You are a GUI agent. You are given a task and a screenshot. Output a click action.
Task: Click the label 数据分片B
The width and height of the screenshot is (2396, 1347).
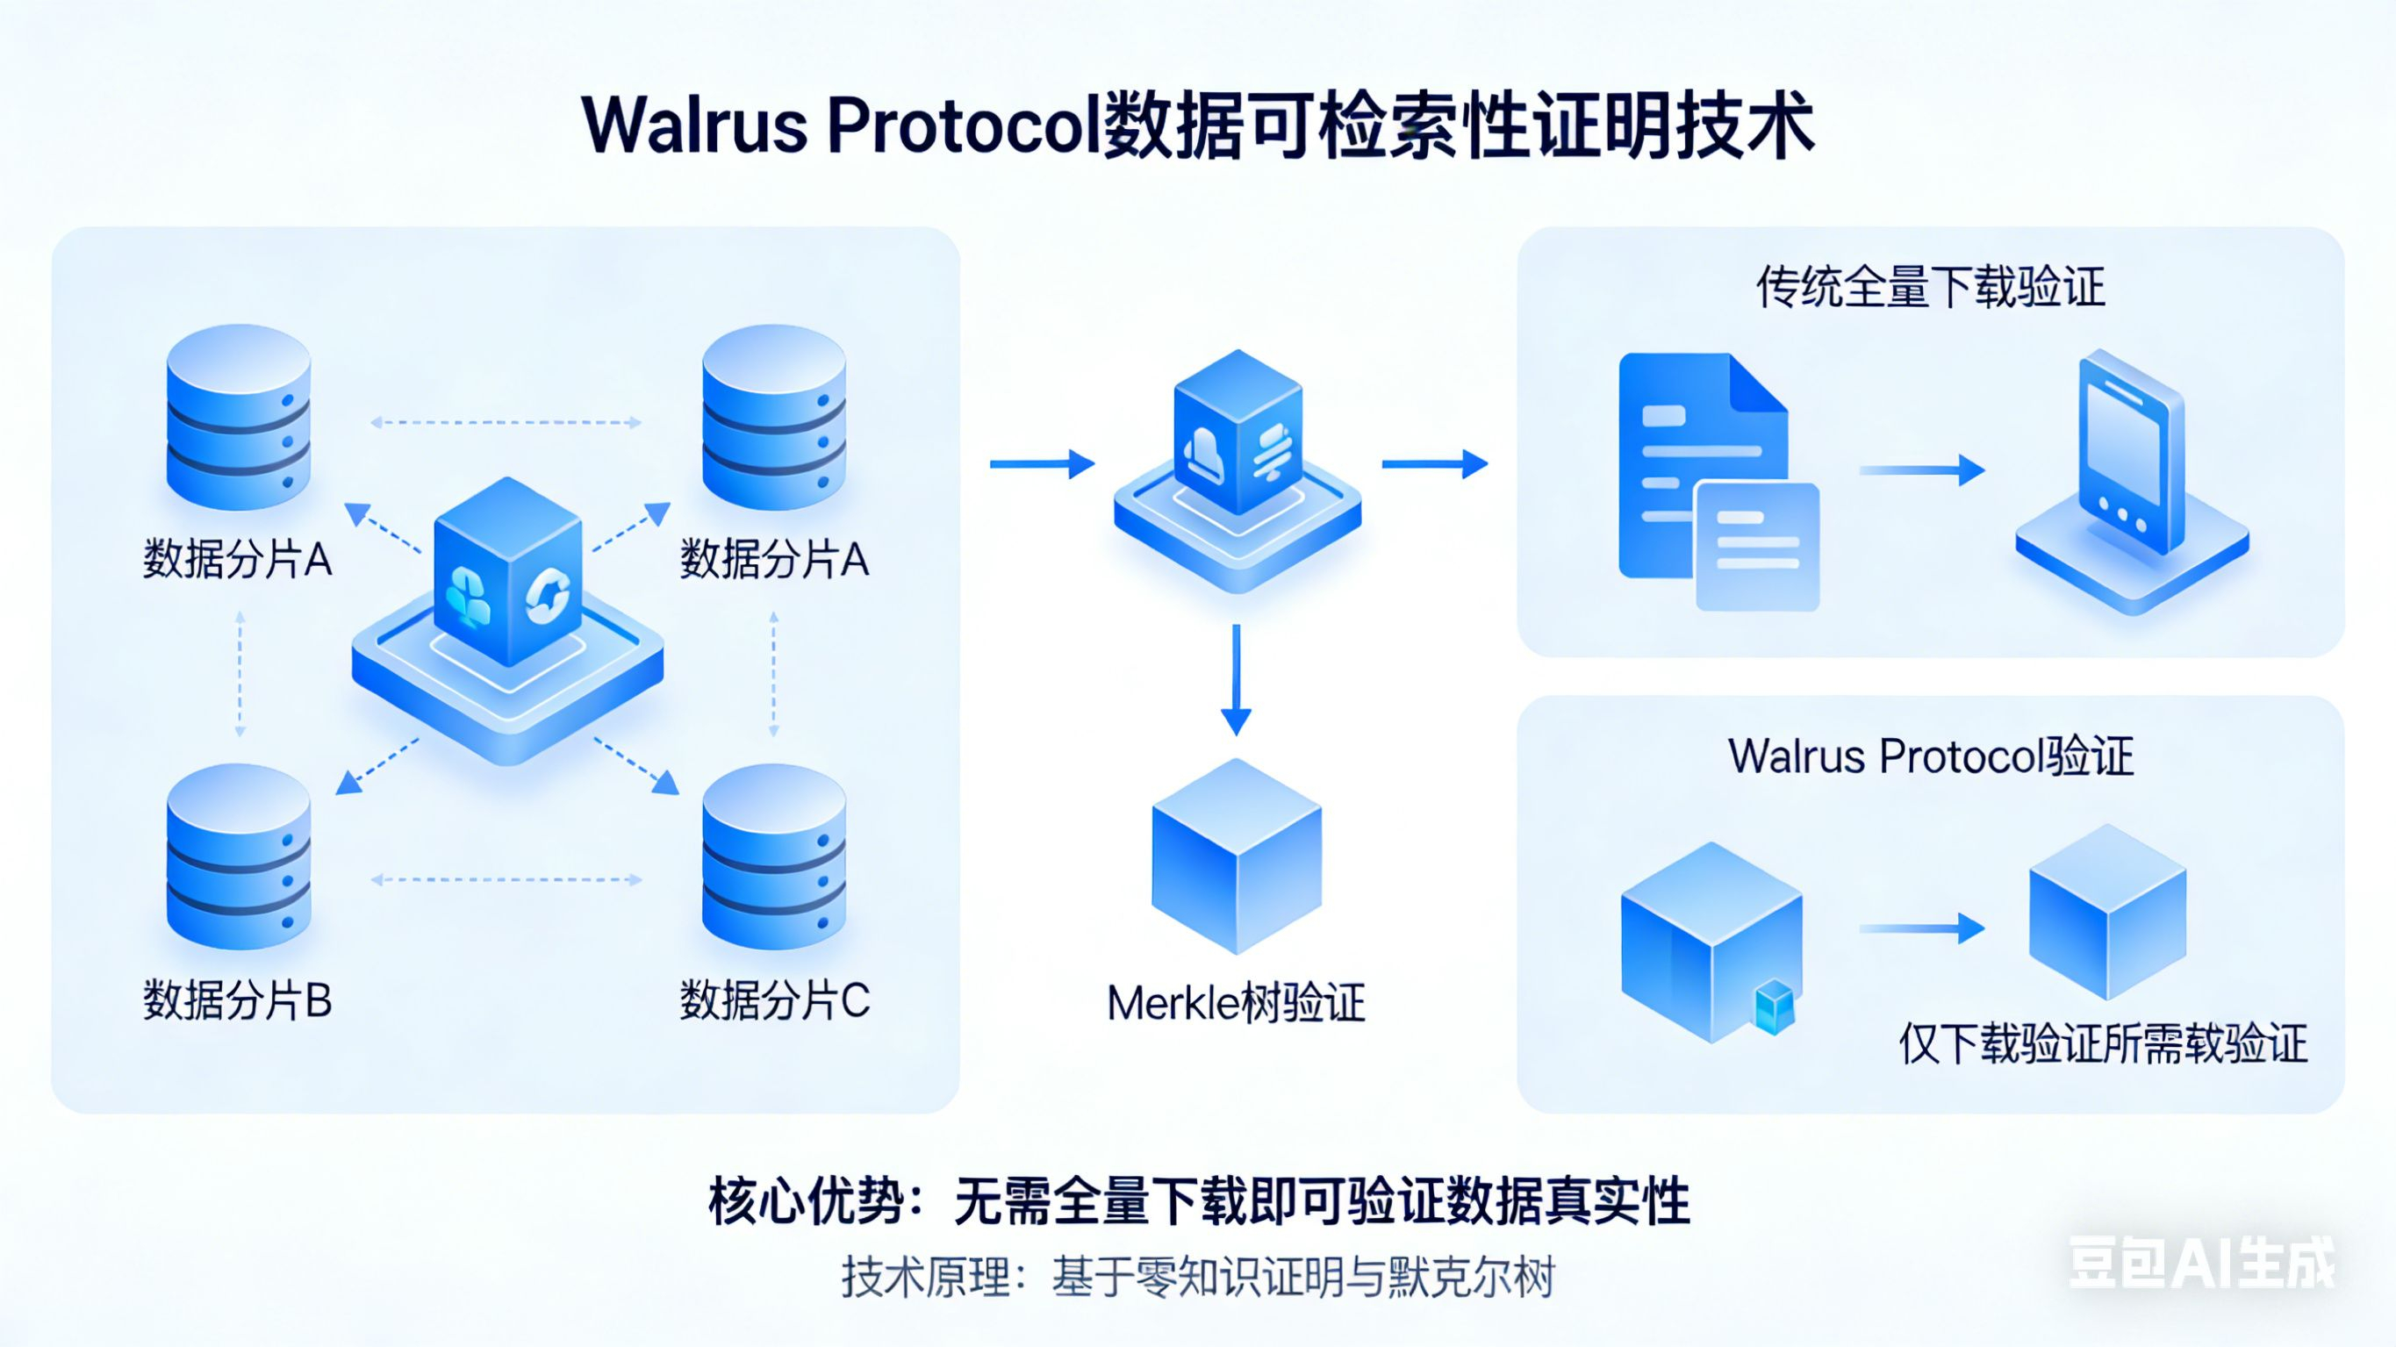(237, 1001)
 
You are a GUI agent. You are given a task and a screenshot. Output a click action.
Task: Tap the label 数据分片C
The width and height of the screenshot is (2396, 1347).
(774, 1001)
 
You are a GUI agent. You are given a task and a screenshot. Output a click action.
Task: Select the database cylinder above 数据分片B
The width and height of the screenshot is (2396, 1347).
(238, 856)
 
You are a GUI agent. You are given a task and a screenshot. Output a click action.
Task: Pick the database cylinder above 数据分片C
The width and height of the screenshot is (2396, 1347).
(774, 856)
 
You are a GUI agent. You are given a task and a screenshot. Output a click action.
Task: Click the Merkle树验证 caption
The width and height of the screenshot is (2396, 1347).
(1235, 1004)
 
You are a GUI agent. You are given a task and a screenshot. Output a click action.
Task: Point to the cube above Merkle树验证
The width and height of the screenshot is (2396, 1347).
(1236, 856)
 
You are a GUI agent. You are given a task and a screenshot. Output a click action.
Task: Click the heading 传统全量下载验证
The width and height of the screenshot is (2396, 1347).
(1930, 287)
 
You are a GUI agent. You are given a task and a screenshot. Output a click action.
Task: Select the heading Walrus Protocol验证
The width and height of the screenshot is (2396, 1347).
(1930, 756)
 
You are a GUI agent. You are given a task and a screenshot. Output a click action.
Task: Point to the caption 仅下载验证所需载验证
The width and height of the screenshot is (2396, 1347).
(2102, 1043)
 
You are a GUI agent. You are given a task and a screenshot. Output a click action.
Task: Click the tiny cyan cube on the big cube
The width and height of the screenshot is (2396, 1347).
(1773, 1007)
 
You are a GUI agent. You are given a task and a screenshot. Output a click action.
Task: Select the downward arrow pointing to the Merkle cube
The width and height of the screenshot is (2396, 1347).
(1236, 679)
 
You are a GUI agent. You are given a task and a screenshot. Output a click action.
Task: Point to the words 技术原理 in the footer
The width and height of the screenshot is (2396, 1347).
(924, 1276)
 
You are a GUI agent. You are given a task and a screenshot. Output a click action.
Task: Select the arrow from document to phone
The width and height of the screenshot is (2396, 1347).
(1920, 469)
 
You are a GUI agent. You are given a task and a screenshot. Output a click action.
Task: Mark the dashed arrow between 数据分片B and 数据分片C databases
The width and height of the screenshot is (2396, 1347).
(506, 879)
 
